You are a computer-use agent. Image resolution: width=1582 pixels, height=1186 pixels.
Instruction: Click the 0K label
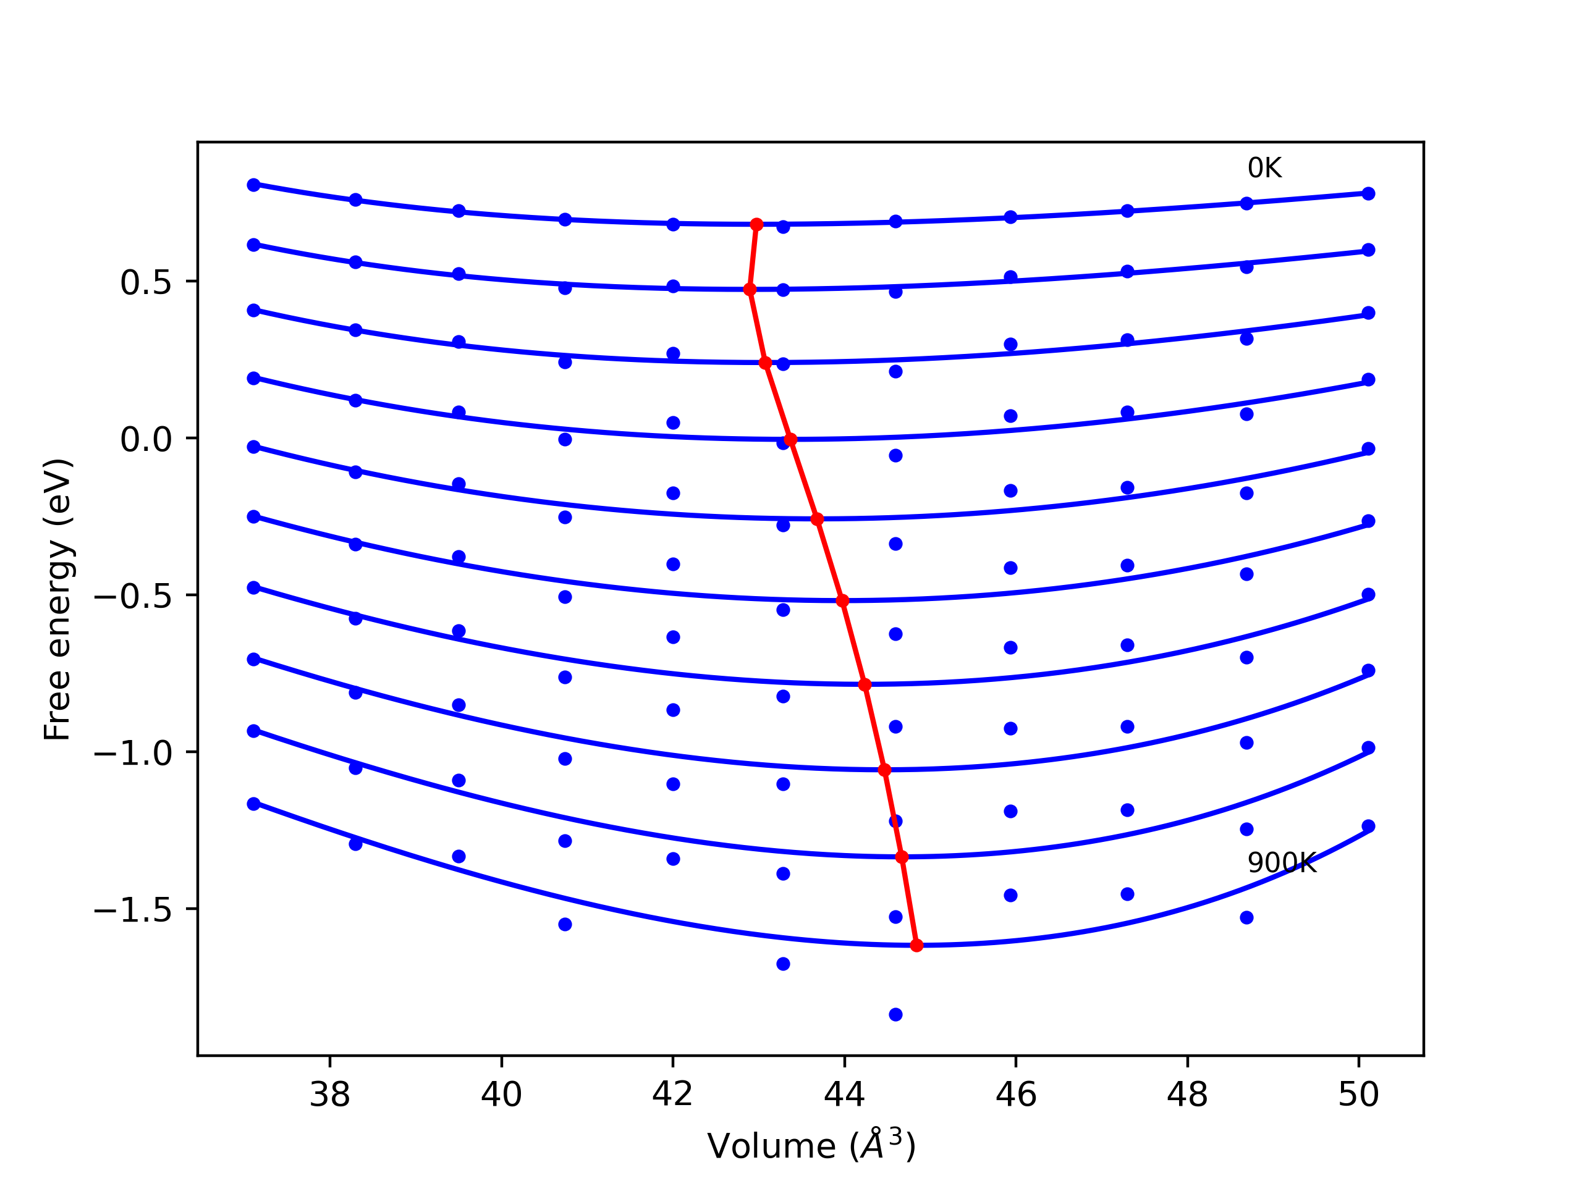(1264, 169)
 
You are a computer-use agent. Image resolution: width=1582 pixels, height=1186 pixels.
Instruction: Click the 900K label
(1282, 864)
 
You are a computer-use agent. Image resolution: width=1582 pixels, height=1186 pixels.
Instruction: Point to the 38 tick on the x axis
(330, 1095)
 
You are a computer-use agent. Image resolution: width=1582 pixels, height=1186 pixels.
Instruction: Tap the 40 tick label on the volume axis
(501, 1095)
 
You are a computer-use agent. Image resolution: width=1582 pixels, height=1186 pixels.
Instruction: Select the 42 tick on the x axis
(672, 1095)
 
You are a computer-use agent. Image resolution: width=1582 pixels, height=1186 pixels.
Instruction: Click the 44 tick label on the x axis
(844, 1095)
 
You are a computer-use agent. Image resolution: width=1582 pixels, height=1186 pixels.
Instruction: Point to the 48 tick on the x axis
(1187, 1095)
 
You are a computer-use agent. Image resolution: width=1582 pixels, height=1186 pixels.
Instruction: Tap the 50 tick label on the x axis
(1358, 1095)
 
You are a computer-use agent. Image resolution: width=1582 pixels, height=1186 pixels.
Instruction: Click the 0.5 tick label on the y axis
(146, 283)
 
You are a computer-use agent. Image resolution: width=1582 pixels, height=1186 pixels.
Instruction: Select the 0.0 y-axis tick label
(146, 440)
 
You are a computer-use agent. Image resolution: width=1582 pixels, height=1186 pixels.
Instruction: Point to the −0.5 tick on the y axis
(133, 597)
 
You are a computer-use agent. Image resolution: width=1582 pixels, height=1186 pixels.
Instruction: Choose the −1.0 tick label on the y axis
(133, 754)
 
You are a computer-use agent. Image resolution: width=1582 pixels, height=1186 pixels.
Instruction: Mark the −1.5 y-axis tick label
(133, 911)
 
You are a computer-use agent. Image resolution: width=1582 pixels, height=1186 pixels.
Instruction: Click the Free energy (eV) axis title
(57, 599)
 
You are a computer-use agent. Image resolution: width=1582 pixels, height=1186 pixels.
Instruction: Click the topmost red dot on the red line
(756, 224)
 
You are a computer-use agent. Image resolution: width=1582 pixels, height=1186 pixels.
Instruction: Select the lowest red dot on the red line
(917, 946)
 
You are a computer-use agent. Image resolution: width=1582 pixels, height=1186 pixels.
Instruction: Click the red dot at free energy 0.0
(790, 440)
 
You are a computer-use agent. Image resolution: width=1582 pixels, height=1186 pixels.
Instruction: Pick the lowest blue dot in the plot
(895, 1015)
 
